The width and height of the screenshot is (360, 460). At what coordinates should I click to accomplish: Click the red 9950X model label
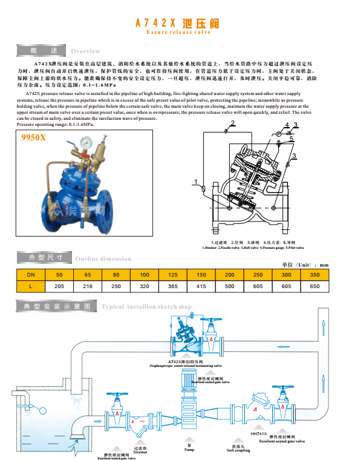click(x=34, y=138)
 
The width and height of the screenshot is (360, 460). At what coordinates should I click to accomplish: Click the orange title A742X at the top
click(x=155, y=23)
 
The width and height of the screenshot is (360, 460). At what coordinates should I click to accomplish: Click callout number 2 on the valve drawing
click(x=232, y=123)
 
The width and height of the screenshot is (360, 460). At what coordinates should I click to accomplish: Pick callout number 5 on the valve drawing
click(x=291, y=139)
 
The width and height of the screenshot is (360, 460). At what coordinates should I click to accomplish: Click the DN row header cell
click(x=30, y=274)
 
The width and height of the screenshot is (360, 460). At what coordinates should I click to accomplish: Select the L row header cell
click(x=30, y=285)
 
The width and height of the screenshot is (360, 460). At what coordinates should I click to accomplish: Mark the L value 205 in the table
click(x=59, y=285)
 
